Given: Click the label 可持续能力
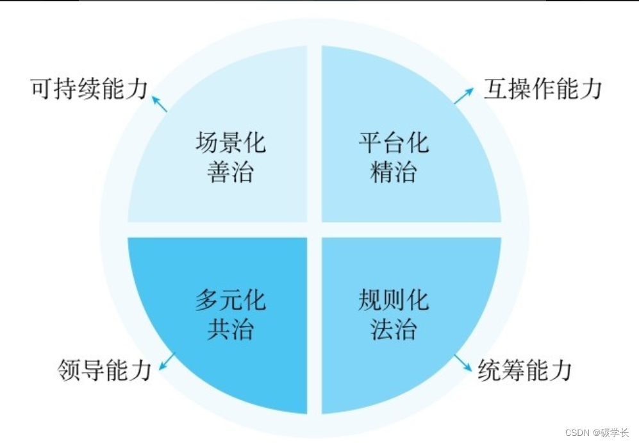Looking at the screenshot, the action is [89, 89].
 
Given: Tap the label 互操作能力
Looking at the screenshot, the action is [543, 89].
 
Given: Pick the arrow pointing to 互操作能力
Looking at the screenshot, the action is [463, 95].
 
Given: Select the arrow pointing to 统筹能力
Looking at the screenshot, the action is [463, 364].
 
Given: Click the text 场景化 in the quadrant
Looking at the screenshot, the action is [230, 142].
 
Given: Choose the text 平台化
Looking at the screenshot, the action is [394, 142].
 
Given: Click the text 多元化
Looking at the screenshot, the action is [230, 300].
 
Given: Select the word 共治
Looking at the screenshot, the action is [230, 330].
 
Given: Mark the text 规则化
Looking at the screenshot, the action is [394, 300].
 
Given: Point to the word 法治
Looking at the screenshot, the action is [394, 330].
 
